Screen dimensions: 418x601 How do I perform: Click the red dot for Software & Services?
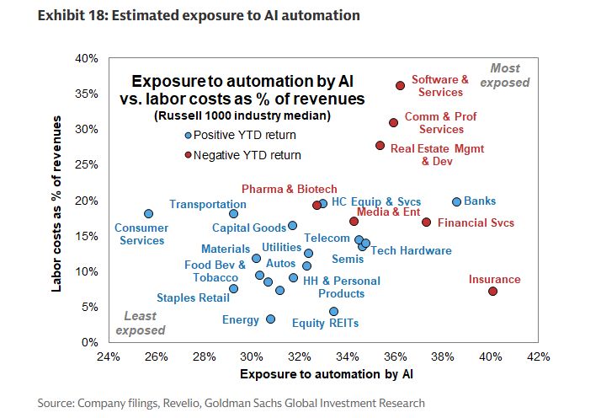pos(401,86)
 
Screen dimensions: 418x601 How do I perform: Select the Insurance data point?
pos(492,292)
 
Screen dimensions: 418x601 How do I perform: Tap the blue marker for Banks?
pos(456,202)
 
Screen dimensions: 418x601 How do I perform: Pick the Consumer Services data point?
pos(148,214)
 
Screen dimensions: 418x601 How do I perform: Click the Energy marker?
pos(270,319)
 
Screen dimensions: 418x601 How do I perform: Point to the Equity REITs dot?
pos(333,311)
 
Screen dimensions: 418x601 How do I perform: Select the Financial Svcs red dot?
pos(426,222)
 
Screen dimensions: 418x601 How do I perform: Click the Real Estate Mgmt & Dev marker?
pos(380,146)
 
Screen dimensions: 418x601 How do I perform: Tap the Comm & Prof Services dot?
pos(393,123)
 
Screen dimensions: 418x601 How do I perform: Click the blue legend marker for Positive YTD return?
pos(189,135)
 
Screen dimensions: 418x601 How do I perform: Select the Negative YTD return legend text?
pos(247,155)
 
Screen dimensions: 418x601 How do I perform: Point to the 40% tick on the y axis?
pos(87,58)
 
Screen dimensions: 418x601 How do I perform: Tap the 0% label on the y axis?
pos(90,343)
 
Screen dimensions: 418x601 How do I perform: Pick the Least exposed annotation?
pos(140,324)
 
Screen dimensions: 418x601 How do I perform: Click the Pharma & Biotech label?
pos(289,189)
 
